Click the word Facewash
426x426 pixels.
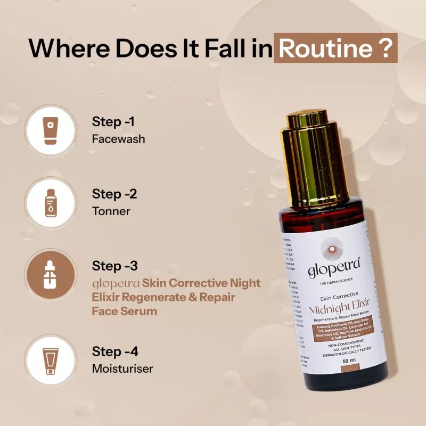point(118,139)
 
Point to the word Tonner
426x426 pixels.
point(111,211)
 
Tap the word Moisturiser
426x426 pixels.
point(122,368)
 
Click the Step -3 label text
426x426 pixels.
point(116,266)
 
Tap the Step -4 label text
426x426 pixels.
point(116,352)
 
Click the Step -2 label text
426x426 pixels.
point(114,194)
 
